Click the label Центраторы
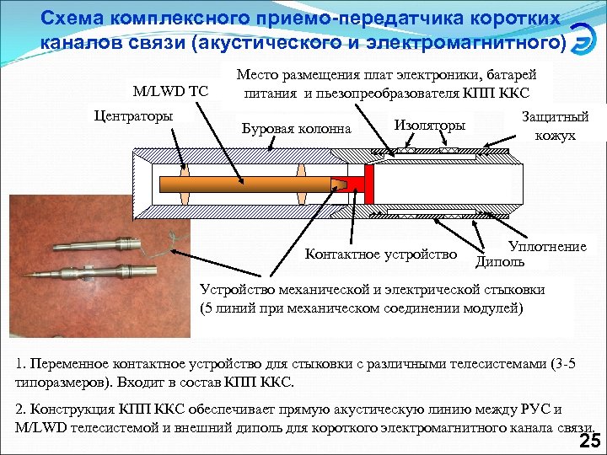point(136,115)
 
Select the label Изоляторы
point(429,125)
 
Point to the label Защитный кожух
point(555,126)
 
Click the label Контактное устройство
point(380,254)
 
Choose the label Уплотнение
point(547,247)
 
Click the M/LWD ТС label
point(171,90)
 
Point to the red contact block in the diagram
point(364,183)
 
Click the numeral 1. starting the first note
point(21,366)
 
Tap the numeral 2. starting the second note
point(21,409)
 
